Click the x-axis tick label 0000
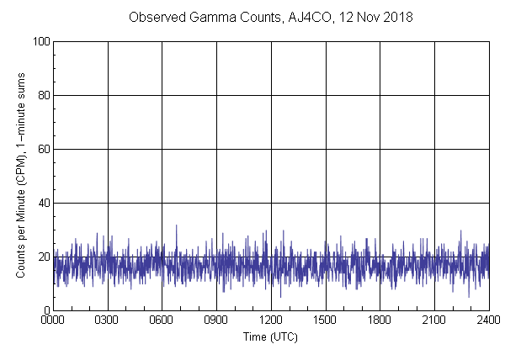coord(53,320)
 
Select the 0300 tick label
coord(108,320)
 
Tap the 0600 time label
coord(162,320)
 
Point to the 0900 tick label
coord(216,320)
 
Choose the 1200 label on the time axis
coord(271,320)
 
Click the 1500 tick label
coord(325,320)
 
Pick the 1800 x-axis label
coord(380,320)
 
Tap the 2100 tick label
coord(434,320)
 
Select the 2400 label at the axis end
coord(488,320)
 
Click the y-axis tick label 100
coord(40,41)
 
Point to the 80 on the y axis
coord(43,95)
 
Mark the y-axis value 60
coord(43,149)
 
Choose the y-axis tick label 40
coord(43,203)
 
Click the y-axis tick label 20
coord(43,257)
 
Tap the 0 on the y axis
coord(45,310)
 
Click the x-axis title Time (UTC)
coord(270,336)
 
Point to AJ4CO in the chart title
coord(306,17)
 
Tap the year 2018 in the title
coord(397,17)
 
